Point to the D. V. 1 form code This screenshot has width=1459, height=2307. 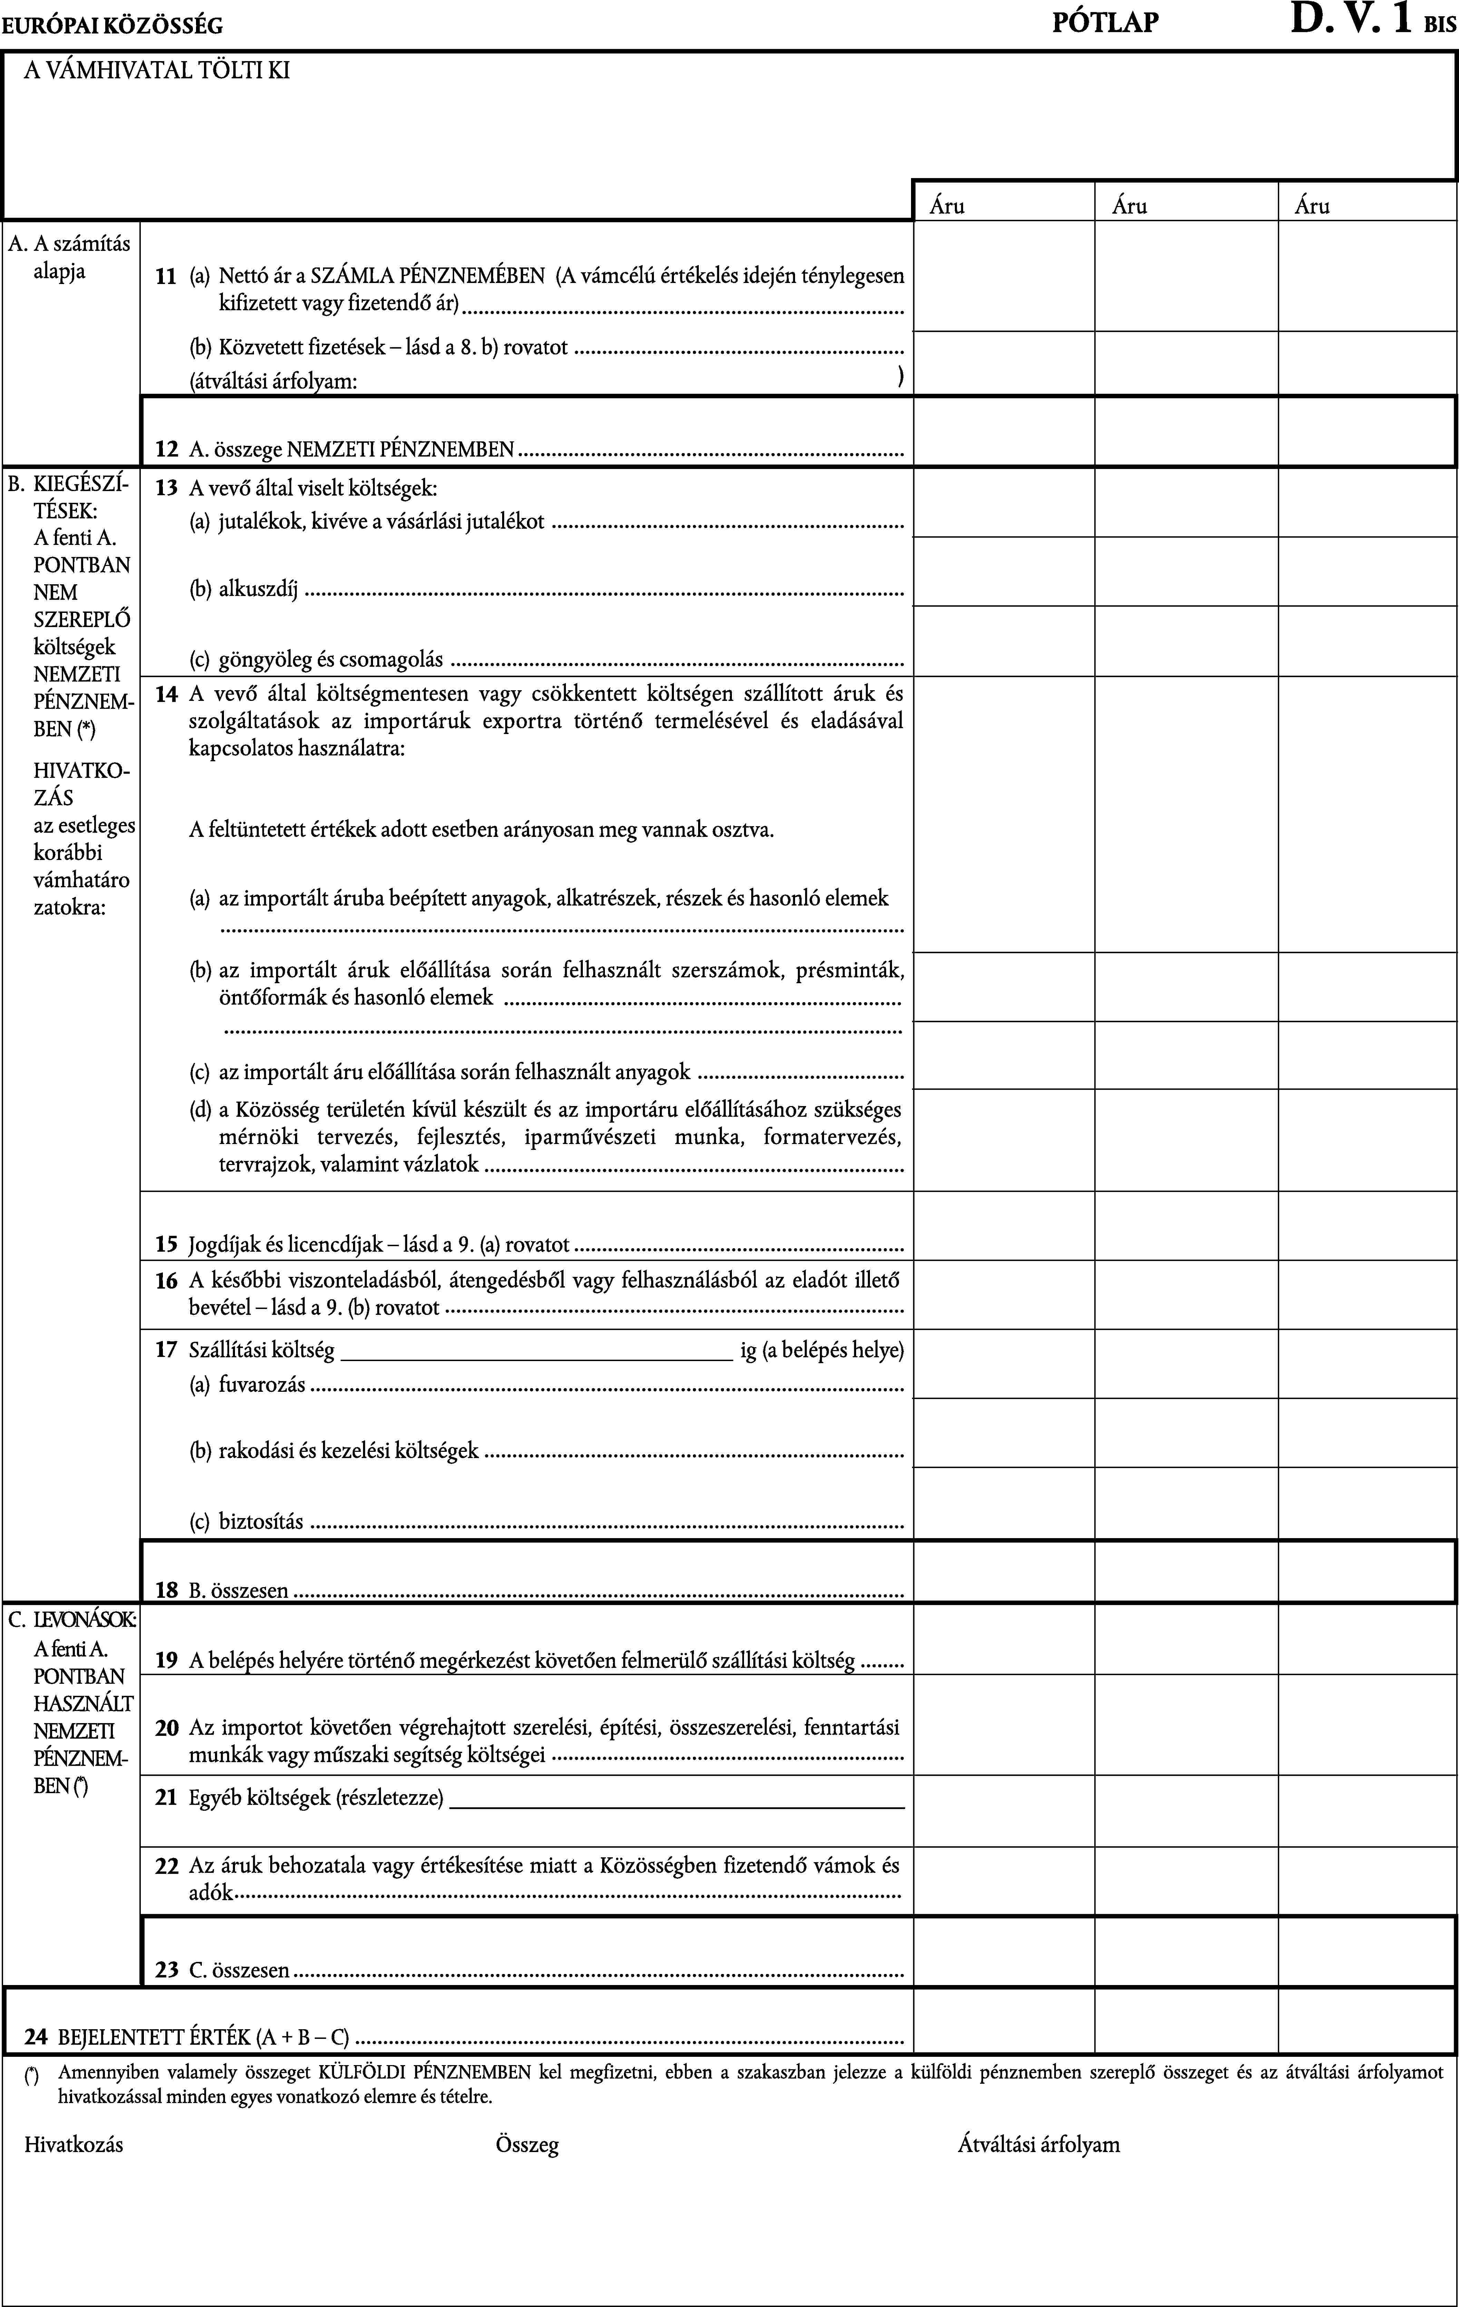[x=1351, y=19]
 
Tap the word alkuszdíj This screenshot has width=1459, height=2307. [x=259, y=589]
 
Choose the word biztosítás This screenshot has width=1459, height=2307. [x=261, y=1522]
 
